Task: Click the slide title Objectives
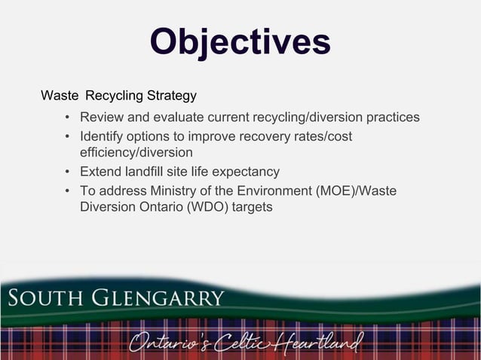pyautogui.click(x=240, y=42)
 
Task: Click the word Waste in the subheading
pyautogui.click(x=59, y=96)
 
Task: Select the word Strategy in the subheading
pyautogui.click(x=173, y=96)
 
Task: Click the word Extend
pyautogui.click(x=102, y=172)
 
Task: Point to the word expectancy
pyautogui.click(x=244, y=172)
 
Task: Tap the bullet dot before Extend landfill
pyautogui.click(x=68, y=172)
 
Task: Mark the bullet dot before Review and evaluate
pyautogui.click(x=68, y=117)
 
